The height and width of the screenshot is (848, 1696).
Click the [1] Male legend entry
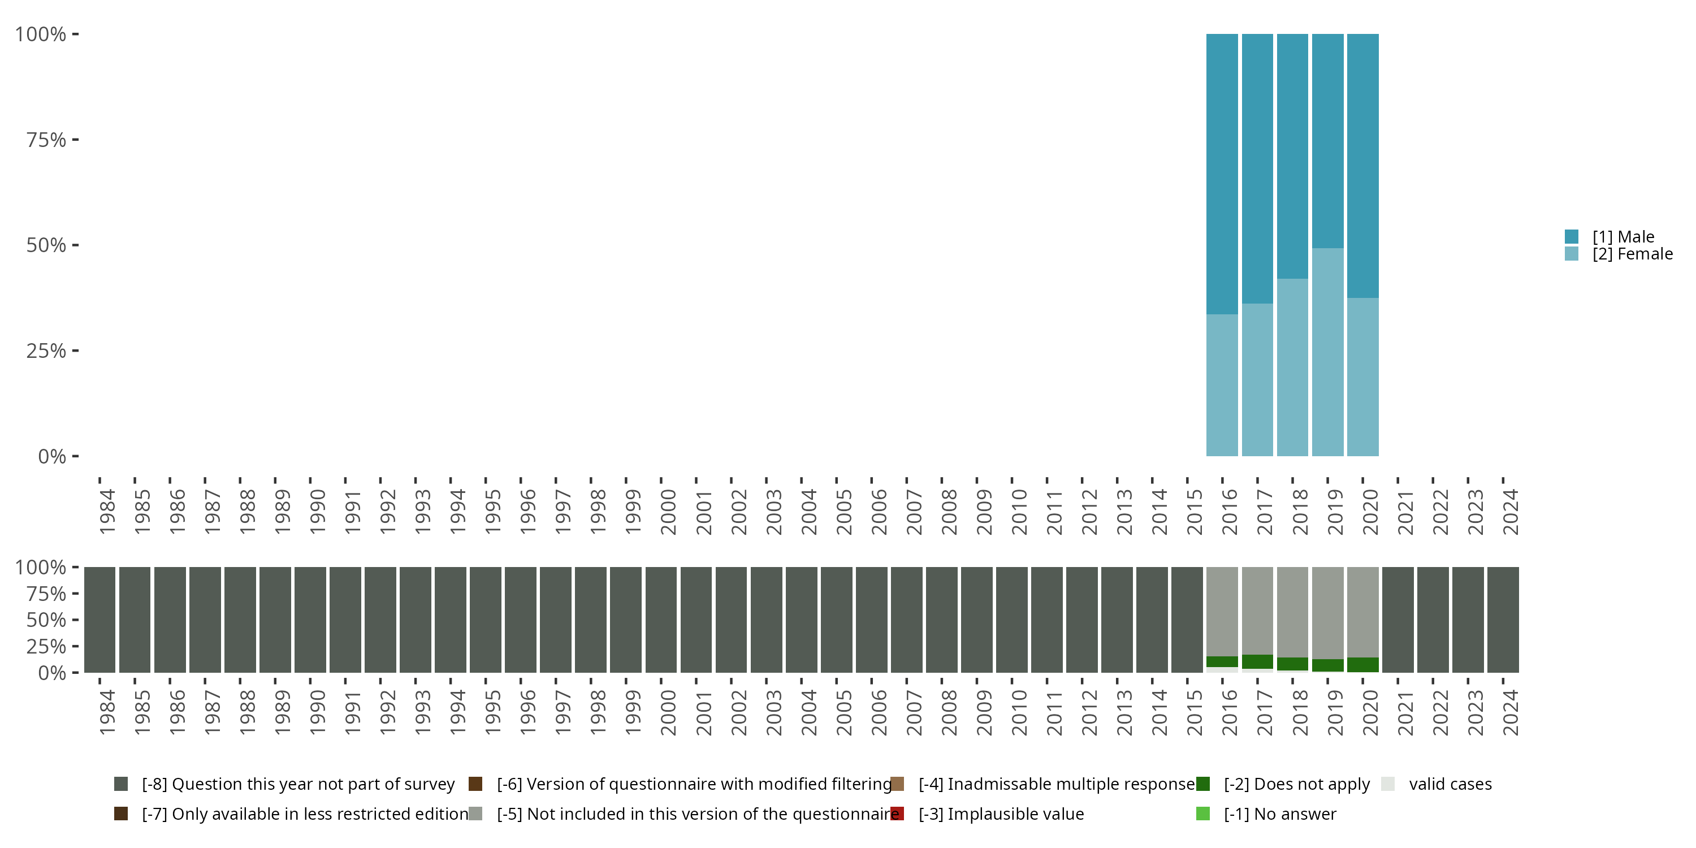1623,237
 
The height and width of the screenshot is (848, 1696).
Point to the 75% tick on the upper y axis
46,140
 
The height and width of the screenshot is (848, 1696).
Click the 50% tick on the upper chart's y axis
46,245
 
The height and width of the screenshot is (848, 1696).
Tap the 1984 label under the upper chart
107,512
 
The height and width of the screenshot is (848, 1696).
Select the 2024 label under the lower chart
1511,712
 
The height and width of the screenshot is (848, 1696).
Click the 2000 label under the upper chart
668,512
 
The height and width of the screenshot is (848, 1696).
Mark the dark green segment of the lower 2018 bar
1292,664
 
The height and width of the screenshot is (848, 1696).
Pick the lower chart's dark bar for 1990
310,620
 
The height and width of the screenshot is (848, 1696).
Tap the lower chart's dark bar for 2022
1433,620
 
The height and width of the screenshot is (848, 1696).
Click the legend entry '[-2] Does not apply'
1296,784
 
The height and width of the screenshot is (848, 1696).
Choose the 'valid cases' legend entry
1449,784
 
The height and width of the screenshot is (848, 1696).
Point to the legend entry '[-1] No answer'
1279,814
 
